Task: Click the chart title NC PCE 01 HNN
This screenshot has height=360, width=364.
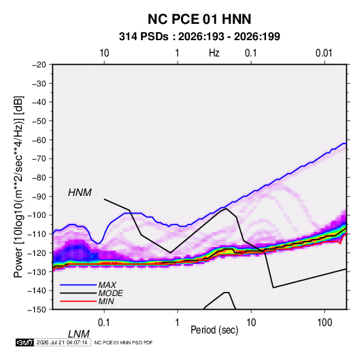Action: pos(199,19)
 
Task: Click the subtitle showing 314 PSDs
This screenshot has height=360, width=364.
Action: pos(199,37)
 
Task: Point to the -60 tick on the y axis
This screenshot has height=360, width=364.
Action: pos(39,140)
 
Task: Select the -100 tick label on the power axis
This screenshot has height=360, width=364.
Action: pos(37,215)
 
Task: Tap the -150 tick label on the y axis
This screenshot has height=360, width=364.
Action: pos(37,310)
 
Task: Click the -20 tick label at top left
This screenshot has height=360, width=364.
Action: pos(39,65)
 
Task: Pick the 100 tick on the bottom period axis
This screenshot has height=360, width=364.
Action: pos(325,323)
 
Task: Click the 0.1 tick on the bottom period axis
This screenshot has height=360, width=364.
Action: pos(104,323)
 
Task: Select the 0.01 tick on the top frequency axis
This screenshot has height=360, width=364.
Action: pos(324,53)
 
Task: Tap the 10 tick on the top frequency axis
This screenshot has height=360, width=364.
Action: pos(104,53)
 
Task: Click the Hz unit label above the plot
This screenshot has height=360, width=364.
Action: pos(214,53)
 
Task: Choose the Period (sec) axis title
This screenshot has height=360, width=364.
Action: pos(214,330)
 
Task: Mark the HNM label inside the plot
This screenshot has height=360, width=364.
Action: pos(80,193)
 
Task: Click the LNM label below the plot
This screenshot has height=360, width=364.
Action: pos(79,334)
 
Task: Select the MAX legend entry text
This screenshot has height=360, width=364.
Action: pos(107,285)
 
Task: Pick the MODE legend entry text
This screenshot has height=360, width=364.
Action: pos(110,293)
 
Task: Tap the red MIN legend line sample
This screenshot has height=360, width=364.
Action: pos(78,301)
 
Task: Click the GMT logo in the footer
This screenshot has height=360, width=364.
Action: pos(24,342)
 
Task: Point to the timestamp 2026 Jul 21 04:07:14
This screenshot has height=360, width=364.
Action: pos(62,342)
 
